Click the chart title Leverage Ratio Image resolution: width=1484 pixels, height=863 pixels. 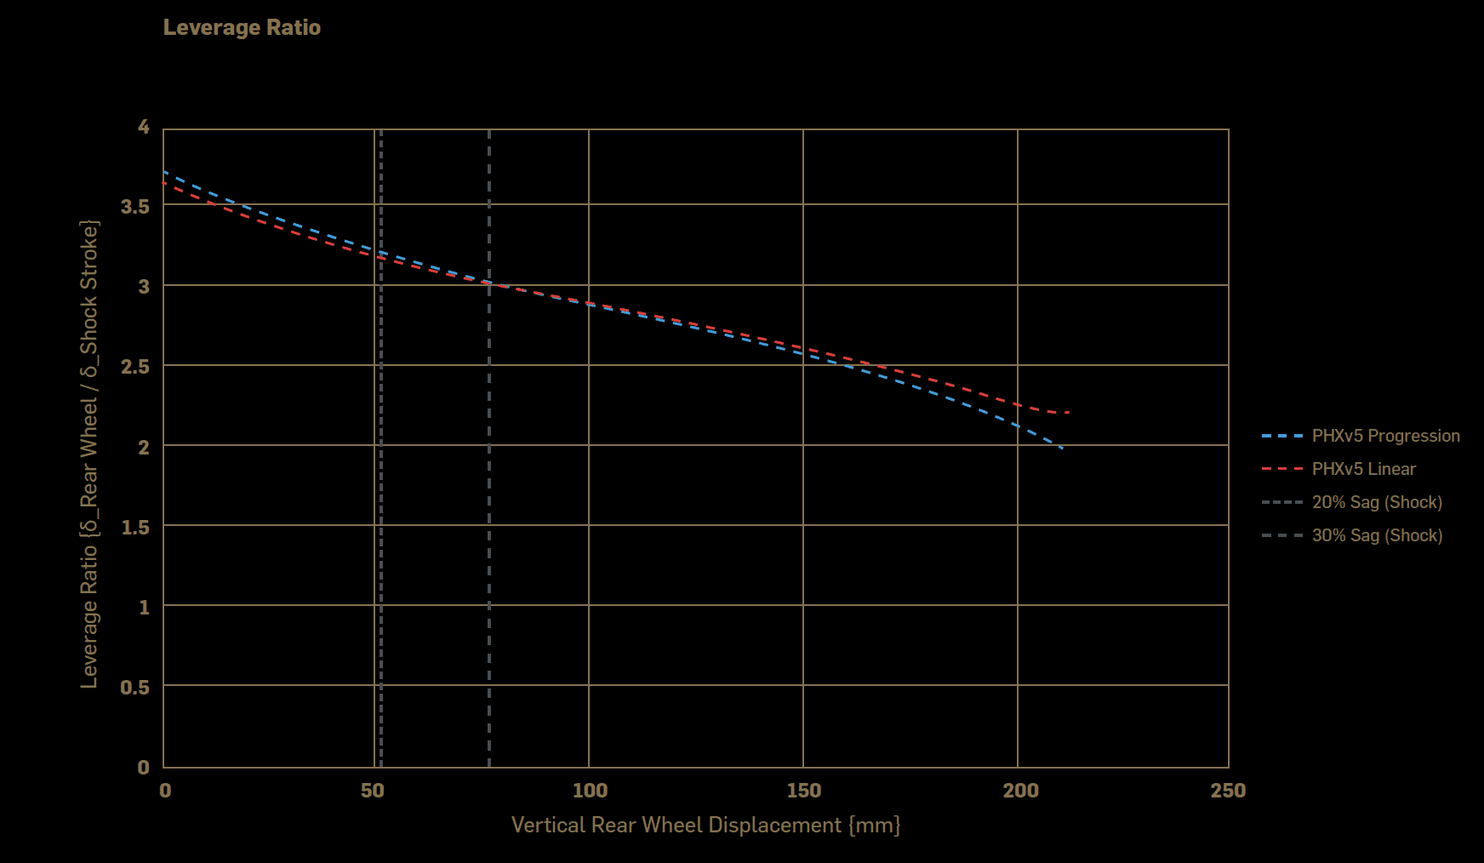click(x=242, y=27)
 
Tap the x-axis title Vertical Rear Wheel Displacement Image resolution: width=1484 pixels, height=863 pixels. click(x=705, y=825)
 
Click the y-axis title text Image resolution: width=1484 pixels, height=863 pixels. click(x=89, y=454)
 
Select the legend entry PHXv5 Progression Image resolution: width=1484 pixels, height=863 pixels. click(x=1385, y=436)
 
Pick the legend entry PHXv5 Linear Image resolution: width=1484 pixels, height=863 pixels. click(x=1363, y=469)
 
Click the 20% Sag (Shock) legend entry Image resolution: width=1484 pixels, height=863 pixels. click(x=1377, y=502)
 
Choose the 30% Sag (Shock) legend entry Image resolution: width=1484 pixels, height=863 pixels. click(x=1377, y=535)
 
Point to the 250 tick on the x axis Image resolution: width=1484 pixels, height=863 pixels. click(x=1228, y=791)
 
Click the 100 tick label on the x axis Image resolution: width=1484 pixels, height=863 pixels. click(x=590, y=791)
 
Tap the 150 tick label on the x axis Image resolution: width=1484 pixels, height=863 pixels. click(x=804, y=791)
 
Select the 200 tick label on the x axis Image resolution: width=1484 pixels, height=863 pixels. click(x=1020, y=791)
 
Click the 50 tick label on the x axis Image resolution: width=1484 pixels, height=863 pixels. click(x=373, y=791)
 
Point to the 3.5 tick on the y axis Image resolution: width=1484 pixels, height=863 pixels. click(x=135, y=207)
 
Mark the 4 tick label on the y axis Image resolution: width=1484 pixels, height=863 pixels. click(x=144, y=127)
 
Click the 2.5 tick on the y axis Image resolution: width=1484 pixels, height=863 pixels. click(x=135, y=367)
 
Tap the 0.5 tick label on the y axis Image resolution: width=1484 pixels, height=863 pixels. click(x=135, y=687)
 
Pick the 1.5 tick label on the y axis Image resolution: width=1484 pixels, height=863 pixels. click(x=135, y=528)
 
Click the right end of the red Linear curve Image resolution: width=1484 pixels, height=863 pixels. click(x=1069, y=412)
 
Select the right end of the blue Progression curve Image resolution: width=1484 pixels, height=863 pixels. click(x=1062, y=448)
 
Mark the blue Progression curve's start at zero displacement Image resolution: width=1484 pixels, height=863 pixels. click(x=164, y=172)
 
